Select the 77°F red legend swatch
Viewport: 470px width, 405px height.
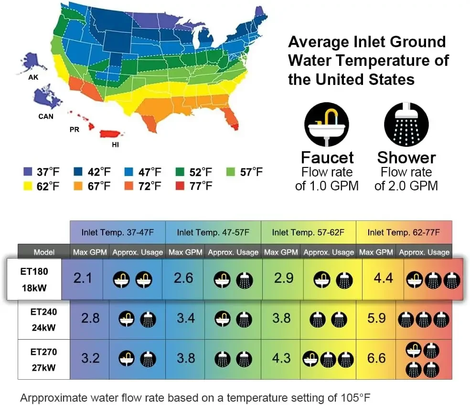[x=179, y=186]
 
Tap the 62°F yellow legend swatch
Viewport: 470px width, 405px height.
[x=27, y=186]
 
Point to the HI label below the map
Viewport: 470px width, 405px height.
[x=115, y=145]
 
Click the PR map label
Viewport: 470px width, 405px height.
[x=75, y=129]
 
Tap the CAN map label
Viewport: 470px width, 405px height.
[x=46, y=116]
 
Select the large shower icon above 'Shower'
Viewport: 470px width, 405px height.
[x=406, y=124]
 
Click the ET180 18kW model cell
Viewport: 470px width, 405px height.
[x=35, y=280]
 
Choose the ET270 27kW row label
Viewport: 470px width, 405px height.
[x=43, y=359]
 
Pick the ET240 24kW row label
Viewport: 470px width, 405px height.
[x=43, y=319]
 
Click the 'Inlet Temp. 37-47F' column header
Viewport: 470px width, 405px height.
[x=117, y=232]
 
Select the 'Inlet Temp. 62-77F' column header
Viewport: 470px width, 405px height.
[x=404, y=232]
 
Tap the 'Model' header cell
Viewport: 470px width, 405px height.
[x=44, y=252]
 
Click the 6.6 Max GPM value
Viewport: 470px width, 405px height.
[x=376, y=358]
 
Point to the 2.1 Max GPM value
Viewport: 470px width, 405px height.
[x=83, y=278]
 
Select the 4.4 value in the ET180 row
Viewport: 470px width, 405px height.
[x=376, y=278]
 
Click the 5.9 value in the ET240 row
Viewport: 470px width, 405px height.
[x=376, y=318]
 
